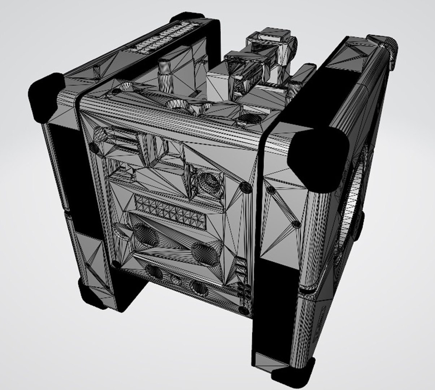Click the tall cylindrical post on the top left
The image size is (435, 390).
click(165, 72)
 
